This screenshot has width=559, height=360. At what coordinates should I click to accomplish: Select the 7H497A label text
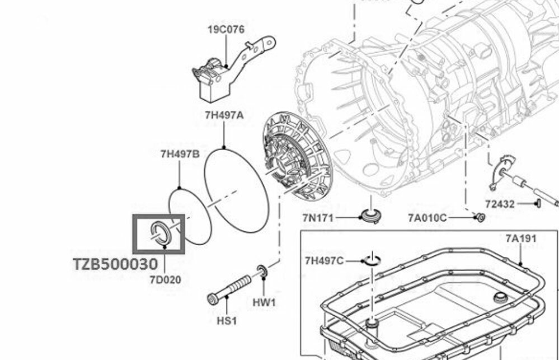[x=224, y=116]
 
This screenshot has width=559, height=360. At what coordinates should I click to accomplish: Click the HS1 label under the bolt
[x=226, y=321]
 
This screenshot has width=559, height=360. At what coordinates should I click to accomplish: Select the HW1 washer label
[x=264, y=302]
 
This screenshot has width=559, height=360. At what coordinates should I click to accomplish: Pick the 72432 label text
[x=499, y=205]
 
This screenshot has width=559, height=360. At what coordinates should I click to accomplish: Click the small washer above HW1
[x=262, y=272]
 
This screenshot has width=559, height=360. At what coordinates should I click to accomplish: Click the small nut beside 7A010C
[x=479, y=217]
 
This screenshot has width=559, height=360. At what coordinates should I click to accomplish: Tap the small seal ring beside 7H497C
[x=372, y=259]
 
